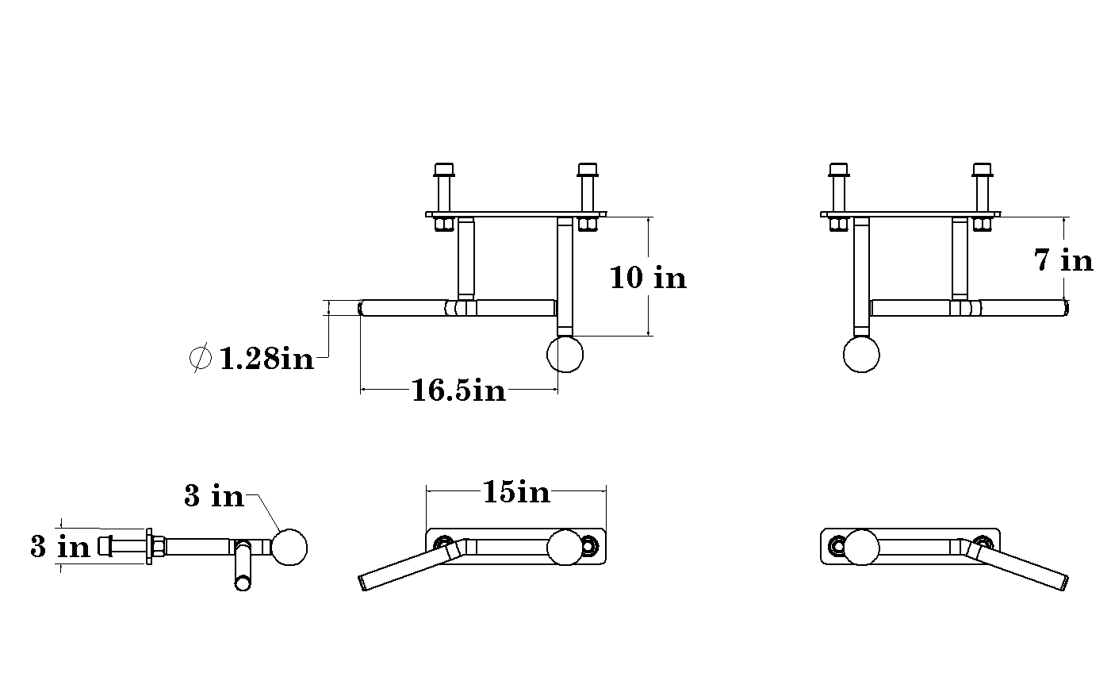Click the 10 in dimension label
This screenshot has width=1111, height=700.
point(648,277)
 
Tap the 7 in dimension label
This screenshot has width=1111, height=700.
point(1063,260)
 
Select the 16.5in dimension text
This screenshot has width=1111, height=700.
point(458,390)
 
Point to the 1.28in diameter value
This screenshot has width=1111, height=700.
point(266,359)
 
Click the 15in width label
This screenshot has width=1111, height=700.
point(516,492)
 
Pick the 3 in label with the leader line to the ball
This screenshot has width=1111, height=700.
point(214,496)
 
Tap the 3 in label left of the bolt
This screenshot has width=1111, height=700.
point(60,547)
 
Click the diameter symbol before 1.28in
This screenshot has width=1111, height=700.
point(200,358)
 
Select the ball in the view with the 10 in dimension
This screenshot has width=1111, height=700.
point(565,354)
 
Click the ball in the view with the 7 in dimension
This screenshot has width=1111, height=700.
point(861,354)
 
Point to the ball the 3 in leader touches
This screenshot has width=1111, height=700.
point(289,547)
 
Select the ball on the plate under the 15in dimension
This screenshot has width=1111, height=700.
point(565,547)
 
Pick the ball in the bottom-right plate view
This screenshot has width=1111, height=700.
point(861,547)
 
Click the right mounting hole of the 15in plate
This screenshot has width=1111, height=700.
point(588,545)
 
